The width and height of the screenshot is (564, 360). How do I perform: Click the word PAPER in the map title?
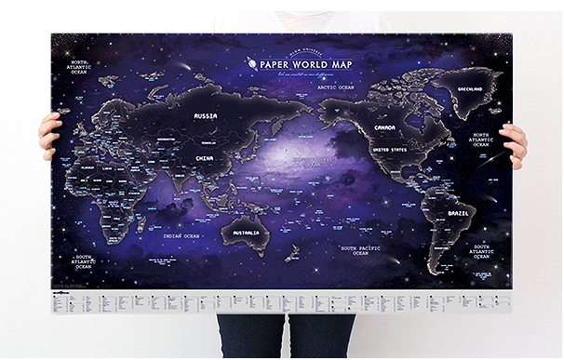[x=278, y=66]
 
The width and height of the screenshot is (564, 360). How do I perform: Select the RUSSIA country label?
[x=204, y=116]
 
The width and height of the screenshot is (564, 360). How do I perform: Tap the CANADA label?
[x=384, y=127]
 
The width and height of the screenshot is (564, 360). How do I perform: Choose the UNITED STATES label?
[x=391, y=149]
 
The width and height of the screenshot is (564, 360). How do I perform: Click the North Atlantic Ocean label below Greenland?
[x=480, y=139]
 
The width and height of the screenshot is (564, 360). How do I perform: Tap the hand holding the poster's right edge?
[x=514, y=142]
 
